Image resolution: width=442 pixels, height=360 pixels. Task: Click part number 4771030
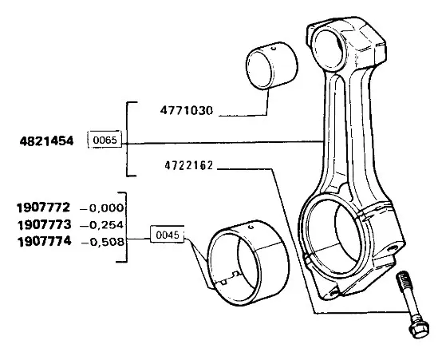187,110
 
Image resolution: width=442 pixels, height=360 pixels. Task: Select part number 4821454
46,140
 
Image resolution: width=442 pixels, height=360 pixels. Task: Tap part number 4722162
188,165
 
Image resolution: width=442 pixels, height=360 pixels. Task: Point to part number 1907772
43,208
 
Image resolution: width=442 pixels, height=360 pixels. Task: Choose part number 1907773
44,225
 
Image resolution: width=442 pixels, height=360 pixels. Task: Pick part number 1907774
45,242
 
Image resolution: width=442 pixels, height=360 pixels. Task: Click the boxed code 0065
105,140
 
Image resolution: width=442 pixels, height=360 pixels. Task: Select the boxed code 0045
168,235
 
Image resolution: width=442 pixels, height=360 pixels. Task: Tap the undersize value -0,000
102,208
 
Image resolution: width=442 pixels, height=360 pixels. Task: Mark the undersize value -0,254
102,225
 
